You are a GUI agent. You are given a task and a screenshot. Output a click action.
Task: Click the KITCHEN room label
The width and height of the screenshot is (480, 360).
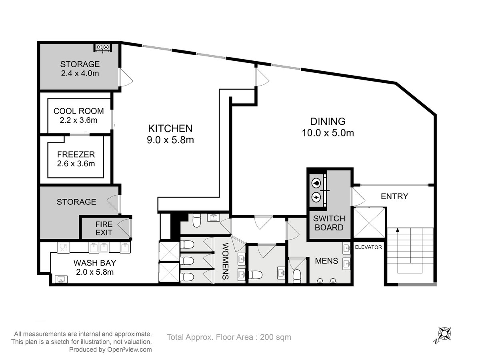[x=170, y=128]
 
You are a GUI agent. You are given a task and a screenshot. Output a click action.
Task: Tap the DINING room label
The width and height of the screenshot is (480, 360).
[x=328, y=121]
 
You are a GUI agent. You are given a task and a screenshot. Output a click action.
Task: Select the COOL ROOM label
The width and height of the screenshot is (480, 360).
[x=79, y=111]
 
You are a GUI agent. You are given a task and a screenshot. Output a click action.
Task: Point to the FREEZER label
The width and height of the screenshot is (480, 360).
[x=76, y=154]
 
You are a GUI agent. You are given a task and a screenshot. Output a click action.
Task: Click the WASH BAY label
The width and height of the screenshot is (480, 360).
[x=95, y=263]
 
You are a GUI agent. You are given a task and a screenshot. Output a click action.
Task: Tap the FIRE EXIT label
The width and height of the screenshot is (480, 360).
[x=104, y=228]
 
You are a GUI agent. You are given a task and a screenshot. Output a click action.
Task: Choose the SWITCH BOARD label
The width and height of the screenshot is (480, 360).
[x=329, y=223]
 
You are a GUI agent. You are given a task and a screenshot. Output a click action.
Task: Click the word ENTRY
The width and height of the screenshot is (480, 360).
[x=394, y=196]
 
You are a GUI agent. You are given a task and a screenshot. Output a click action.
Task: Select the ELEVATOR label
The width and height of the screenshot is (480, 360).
[x=368, y=247]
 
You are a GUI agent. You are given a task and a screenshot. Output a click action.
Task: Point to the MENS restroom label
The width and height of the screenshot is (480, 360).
[x=326, y=261]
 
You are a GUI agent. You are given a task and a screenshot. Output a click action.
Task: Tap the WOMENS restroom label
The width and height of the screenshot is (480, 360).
[x=226, y=261]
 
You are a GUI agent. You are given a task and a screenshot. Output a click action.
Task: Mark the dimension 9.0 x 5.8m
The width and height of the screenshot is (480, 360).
[x=170, y=140]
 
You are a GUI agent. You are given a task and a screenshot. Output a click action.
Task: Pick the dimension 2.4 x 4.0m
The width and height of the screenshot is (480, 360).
[x=80, y=74]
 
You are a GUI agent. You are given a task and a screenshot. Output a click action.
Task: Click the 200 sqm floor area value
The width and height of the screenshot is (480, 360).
[x=275, y=337]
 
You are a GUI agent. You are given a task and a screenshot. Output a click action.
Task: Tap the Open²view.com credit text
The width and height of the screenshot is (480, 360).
[x=130, y=350]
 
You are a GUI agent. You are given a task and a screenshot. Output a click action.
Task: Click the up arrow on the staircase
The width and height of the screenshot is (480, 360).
[x=398, y=230]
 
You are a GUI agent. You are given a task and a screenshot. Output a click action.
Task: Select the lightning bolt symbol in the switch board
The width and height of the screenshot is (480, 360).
[x=316, y=197]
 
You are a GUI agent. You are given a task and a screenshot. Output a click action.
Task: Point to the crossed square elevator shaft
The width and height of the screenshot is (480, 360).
[x=369, y=223]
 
